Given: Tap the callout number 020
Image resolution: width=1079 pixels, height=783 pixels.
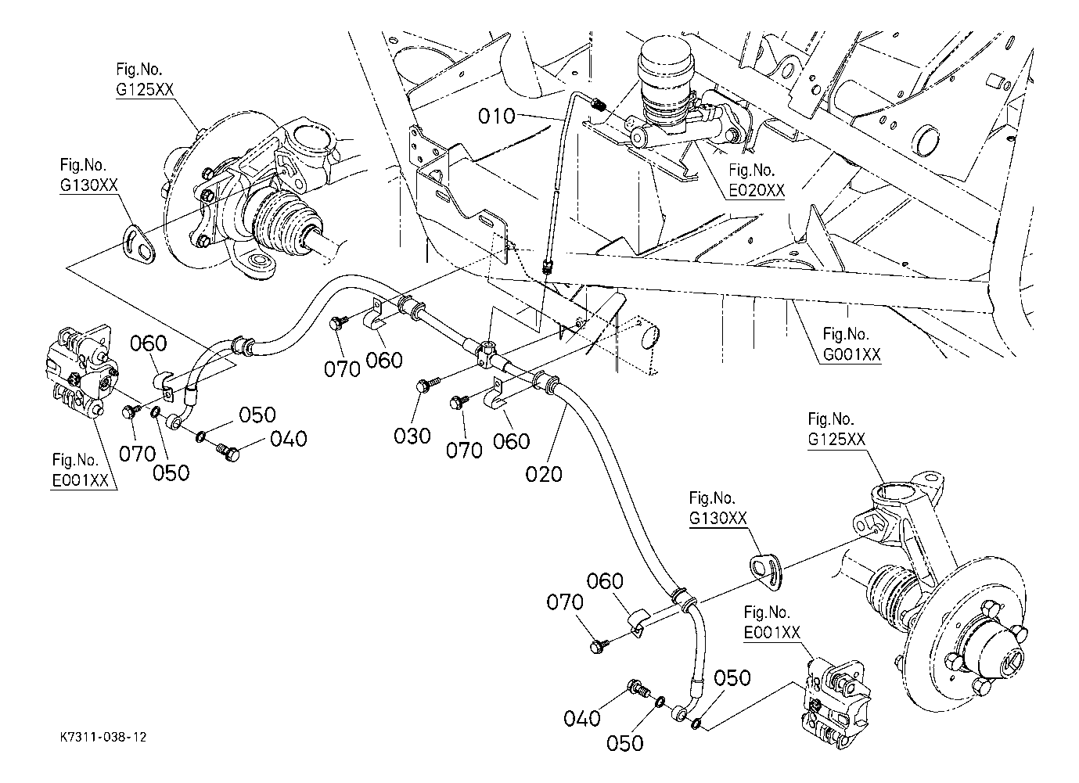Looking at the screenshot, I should pyautogui.click(x=545, y=473).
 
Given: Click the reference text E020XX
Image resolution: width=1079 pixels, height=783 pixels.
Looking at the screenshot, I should pyautogui.click(x=756, y=190).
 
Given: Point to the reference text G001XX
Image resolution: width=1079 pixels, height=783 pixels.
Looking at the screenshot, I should pyautogui.click(x=851, y=354).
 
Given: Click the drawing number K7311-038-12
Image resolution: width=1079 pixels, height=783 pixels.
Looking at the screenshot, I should pyautogui.click(x=103, y=737).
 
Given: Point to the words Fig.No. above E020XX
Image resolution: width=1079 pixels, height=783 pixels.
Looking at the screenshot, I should pyautogui.click(x=752, y=170).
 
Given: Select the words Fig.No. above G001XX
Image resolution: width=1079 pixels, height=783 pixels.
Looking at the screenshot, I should pyautogui.click(x=846, y=334).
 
